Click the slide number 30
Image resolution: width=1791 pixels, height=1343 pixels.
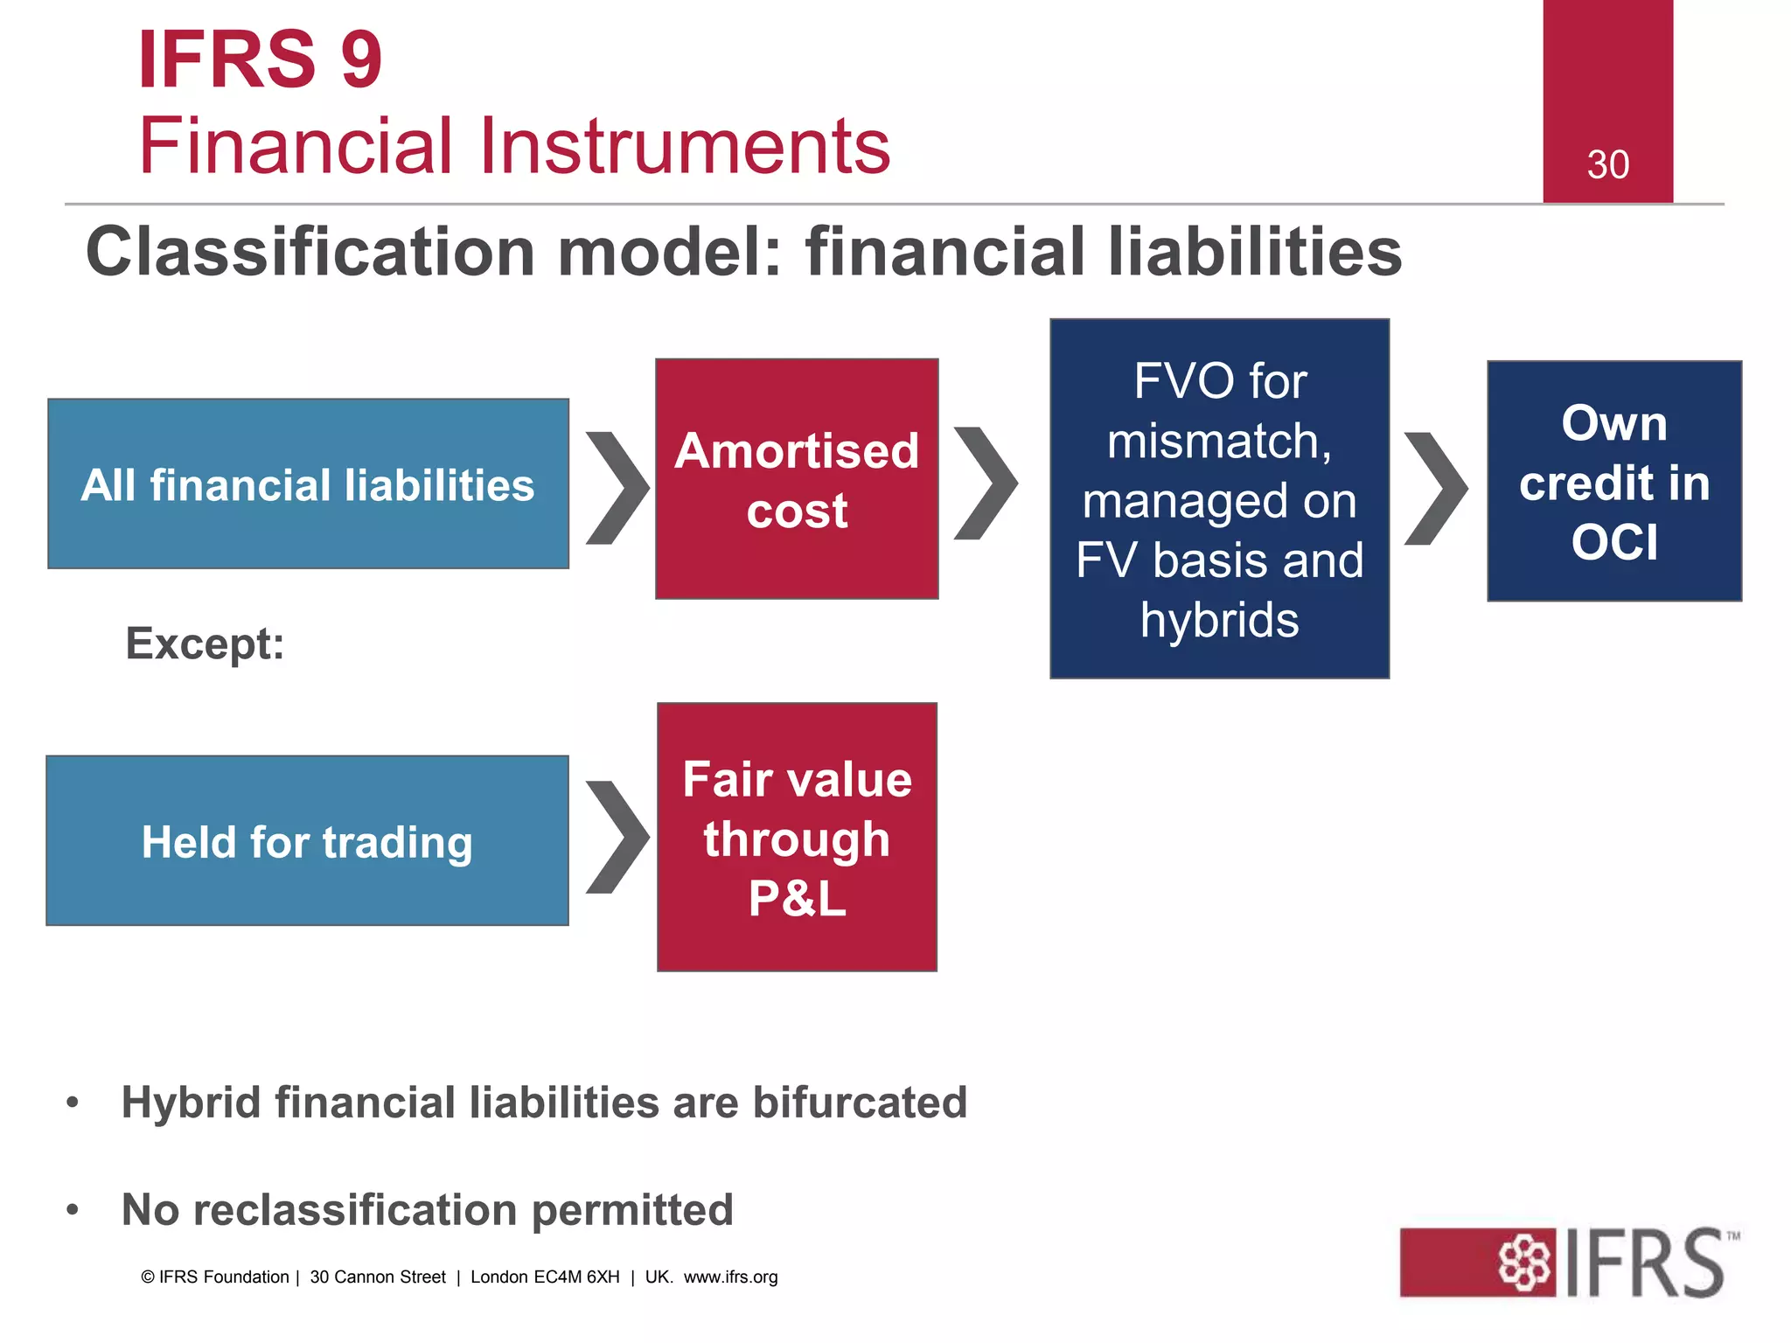click(1607, 165)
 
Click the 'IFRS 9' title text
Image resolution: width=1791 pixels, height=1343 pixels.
click(260, 59)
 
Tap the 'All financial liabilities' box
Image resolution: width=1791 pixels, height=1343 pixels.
click(308, 484)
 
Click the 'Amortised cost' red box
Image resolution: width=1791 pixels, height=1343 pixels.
click(797, 479)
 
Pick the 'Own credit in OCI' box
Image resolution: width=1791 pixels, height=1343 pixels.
click(1614, 481)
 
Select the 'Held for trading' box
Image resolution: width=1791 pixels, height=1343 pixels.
click(307, 841)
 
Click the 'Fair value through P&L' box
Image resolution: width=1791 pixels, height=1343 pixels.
click(797, 838)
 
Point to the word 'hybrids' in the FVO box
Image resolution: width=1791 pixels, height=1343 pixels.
click(1219, 621)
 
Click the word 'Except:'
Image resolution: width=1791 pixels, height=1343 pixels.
click(205, 644)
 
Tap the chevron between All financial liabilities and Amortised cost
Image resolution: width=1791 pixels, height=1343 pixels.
click(617, 487)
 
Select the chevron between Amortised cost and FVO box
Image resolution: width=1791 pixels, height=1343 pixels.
click(986, 483)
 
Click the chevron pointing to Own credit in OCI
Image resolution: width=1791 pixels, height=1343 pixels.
click(1435, 487)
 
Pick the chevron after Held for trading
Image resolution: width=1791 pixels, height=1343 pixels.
click(617, 837)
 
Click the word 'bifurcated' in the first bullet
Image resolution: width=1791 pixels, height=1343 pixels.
click(860, 1102)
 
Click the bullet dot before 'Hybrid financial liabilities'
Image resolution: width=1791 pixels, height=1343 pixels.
click(73, 1103)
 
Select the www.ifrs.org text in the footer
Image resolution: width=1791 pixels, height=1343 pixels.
click(730, 1277)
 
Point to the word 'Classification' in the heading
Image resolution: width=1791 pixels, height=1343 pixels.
click(310, 252)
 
